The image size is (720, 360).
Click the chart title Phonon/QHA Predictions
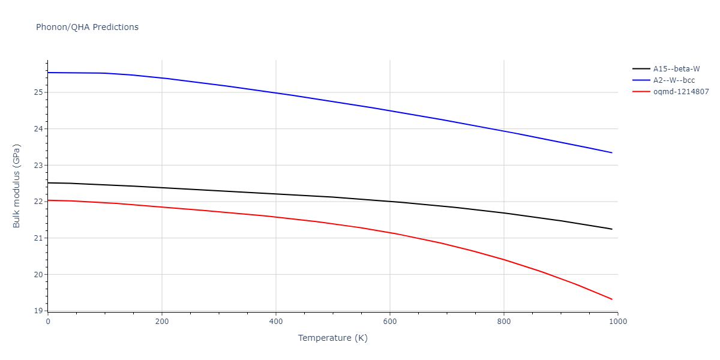[x=87, y=27]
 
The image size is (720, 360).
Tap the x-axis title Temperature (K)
[x=332, y=338]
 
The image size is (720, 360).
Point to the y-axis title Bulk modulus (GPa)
[x=17, y=185]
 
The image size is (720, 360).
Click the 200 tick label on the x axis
[x=161, y=322]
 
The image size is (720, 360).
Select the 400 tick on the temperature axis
[x=275, y=322]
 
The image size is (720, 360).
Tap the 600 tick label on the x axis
[x=389, y=322]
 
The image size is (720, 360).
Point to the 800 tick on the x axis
[x=503, y=322]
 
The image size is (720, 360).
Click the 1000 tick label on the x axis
[x=617, y=322]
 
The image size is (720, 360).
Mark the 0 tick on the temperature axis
[x=48, y=322]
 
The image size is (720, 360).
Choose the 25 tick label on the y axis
[x=38, y=92]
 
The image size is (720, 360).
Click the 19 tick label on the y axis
[x=38, y=311]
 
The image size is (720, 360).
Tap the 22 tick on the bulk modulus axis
[x=38, y=202]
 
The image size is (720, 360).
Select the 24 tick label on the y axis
[x=38, y=129]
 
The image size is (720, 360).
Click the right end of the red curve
[x=612, y=299]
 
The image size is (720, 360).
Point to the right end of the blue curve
[x=612, y=153]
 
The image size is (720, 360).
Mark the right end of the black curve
[x=612, y=229]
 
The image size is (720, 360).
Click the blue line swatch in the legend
[x=641, y=80]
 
